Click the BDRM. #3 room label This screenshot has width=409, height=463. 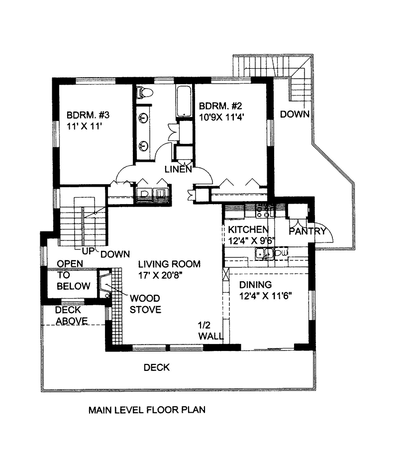point(88,115)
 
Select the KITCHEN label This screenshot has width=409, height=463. point(248,230)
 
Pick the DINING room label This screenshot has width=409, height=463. point(255,285)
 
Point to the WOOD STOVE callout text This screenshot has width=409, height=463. point(145,304)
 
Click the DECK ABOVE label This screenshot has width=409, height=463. point(71,315)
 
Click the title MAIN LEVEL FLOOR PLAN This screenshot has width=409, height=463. point(147,411)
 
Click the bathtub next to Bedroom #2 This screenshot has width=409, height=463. point(184,101)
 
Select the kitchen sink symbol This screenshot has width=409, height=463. point(260,254)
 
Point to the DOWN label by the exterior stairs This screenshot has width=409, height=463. point(295,114)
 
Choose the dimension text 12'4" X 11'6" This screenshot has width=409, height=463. point(265,296)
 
